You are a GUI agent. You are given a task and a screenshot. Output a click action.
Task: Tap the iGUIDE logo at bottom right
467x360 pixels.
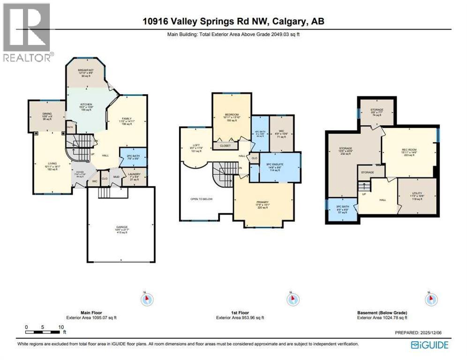click(429, 345)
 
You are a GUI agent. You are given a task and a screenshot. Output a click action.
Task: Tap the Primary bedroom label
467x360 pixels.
click(263, 203)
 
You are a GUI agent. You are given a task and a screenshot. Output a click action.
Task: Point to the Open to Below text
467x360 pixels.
click(202, 199)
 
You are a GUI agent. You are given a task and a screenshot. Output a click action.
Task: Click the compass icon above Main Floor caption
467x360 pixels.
click(147, 299)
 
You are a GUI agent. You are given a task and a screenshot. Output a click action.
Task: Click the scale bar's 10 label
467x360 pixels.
click(61, 327)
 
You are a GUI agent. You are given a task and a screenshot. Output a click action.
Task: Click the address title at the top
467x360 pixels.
click(233, 22)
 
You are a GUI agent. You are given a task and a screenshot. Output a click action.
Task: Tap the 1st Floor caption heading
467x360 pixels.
click(239, 313)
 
